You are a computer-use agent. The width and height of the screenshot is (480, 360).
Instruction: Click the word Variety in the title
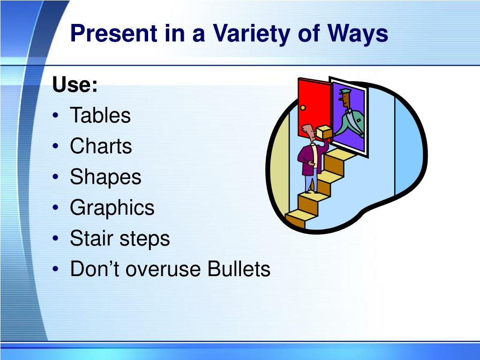[252, 34]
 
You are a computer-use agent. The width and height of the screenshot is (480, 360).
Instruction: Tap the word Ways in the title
[358, 34]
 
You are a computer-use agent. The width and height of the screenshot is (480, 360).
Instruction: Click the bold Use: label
[75, 84]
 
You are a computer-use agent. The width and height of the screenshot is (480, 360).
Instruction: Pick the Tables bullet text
[100, 115]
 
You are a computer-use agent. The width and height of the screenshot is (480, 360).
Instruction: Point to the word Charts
[101, 146]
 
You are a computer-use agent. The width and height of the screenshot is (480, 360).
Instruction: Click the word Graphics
[112, 208]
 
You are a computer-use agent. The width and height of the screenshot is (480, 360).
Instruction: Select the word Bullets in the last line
[239, 269]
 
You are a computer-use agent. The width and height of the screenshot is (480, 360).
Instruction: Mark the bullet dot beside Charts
[55, 146]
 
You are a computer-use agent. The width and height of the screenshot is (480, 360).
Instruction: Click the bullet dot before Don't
[55, 269]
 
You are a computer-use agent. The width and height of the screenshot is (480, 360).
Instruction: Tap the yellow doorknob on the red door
[303, 108]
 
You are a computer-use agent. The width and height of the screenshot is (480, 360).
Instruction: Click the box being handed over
[324, 132]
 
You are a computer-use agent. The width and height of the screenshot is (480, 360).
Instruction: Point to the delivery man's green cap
[345, 91]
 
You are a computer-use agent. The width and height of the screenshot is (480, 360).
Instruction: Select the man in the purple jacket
[311, 157]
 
